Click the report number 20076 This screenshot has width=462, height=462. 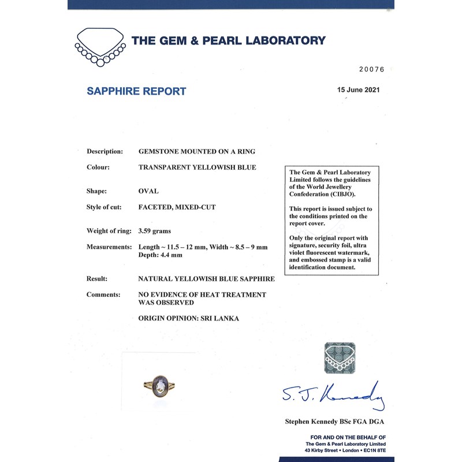coord(371,69)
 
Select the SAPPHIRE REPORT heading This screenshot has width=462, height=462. coord(136,91)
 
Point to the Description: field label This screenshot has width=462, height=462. coord(105,151)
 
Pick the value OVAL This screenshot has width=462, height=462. coord(148,191)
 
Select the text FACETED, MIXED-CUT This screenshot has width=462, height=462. coord(177,207)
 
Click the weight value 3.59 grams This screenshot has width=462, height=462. coord(154,231)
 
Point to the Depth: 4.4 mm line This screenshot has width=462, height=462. coord(161,255)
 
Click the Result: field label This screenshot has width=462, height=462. coord(97,278)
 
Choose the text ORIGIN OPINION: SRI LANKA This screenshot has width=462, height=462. coord(188,318)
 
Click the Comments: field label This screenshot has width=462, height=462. coord(103,295)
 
